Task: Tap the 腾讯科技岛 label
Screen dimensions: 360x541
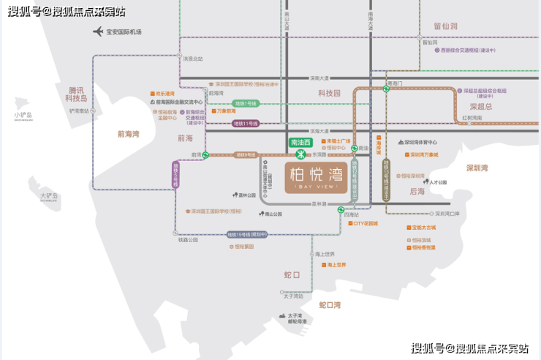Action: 73,94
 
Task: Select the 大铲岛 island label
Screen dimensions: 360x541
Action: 49,196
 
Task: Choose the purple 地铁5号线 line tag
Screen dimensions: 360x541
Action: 175,175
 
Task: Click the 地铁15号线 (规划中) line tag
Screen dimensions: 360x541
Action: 247,234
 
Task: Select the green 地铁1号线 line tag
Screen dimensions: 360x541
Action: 245,103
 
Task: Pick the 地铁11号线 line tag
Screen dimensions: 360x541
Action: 245,124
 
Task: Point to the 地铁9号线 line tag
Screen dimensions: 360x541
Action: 246,155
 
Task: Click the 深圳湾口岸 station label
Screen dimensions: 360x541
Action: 447,214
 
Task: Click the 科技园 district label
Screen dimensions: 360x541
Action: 329,94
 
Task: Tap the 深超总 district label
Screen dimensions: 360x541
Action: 478,106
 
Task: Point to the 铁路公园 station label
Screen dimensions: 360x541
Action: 188,240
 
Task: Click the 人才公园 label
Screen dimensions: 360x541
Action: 438,182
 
